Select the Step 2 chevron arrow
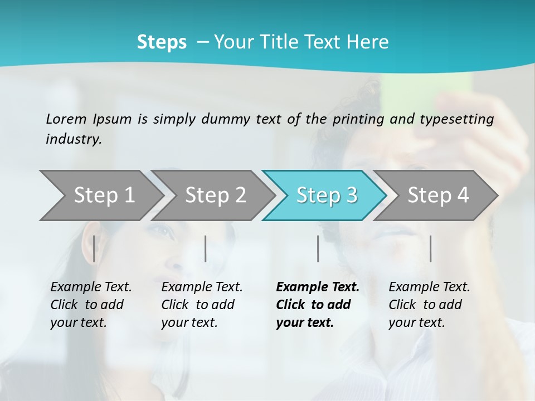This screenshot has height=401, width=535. [215, 195]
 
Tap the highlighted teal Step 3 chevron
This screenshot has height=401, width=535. [327, 195]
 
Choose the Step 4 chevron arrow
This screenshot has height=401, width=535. [438, 195]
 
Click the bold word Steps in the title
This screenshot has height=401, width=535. [162, 42]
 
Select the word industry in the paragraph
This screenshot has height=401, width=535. [73, 139]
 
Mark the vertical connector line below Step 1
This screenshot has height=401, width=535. [94, 248]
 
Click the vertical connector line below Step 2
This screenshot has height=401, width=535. [206, 248]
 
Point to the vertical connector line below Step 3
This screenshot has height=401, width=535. [318, 248]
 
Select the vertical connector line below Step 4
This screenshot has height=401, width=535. [431, 248]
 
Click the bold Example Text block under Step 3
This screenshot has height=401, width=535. [318, 305]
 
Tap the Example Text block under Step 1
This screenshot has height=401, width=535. [91, 305]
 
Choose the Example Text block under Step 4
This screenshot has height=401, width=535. [429, 305]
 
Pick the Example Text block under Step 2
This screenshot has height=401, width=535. [202, 305]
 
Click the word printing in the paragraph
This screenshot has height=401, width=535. [357, 119]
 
